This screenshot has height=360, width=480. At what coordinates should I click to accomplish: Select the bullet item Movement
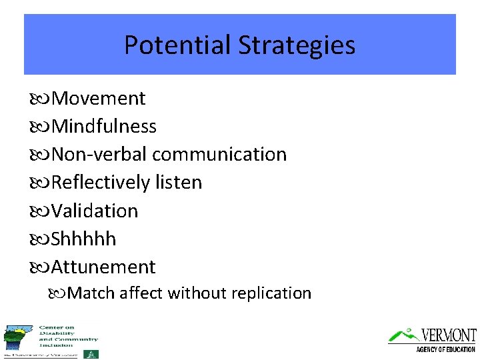pyautogui.click(x=98, y=99)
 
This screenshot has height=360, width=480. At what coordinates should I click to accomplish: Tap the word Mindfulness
pyautogui.click(x=104, y=127)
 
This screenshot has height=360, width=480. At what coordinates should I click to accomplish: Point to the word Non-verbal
pyautogui.click(x=99, y=155)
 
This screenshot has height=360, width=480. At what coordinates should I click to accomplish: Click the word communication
pyautogui.click(x=219, y=155)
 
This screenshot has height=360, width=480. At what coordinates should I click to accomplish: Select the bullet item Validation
pyautogui.click(x=95, y=211)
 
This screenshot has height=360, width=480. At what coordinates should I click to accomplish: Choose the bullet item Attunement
pyautogui.click(x=103, y=267)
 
